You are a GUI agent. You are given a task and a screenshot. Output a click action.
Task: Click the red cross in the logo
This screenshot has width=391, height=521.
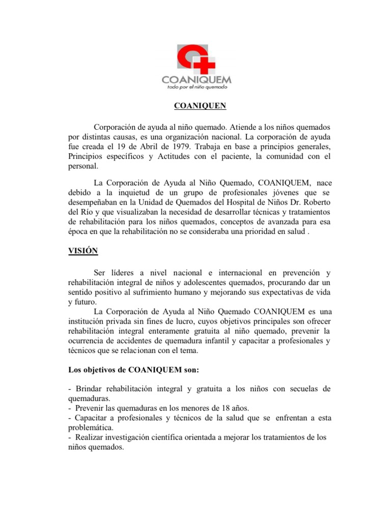207,65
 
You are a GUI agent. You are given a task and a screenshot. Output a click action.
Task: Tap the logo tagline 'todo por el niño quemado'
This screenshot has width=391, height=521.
197,87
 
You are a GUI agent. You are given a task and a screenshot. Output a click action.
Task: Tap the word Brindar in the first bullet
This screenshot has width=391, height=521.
89,389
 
